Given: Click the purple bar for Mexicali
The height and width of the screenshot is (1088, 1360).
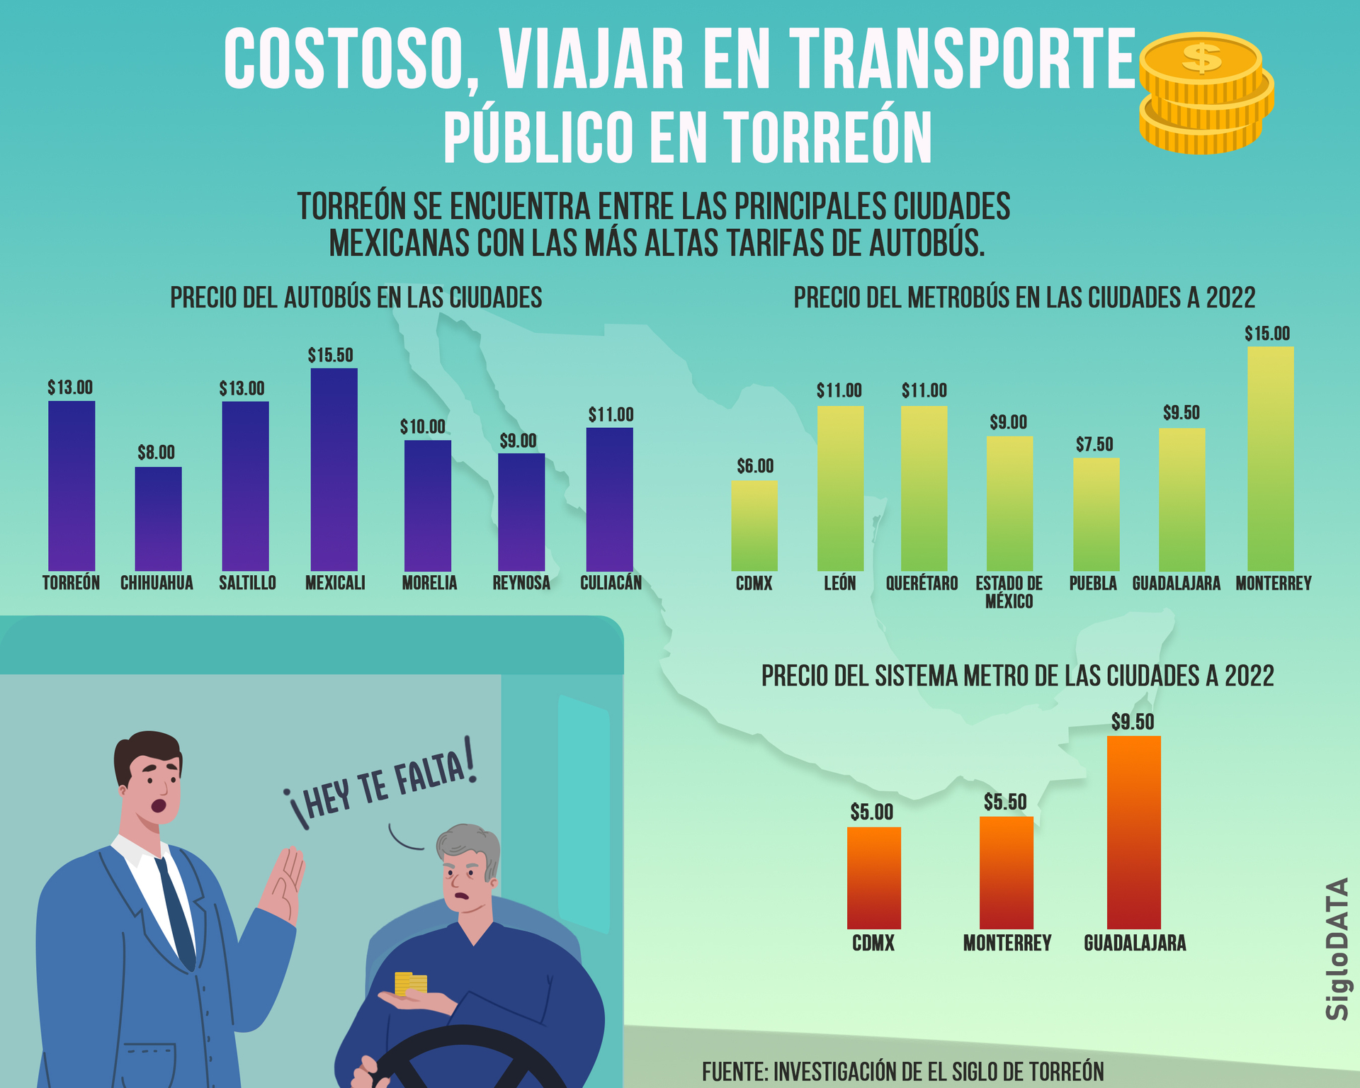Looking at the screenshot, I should point(334,469).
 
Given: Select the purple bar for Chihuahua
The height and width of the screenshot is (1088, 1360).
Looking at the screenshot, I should point(158,518).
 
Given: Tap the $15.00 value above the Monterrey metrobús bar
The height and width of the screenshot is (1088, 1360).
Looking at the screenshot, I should point(1267,334).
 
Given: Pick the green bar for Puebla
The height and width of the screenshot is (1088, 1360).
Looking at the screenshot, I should point(1096,514).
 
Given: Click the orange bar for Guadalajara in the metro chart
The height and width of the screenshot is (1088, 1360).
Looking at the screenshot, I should point(1133,832).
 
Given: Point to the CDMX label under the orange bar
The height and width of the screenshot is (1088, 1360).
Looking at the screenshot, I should point(873,943).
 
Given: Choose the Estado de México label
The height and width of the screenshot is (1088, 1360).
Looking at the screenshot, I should point(1009,592).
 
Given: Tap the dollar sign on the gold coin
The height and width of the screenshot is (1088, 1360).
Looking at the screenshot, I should point(1202,57).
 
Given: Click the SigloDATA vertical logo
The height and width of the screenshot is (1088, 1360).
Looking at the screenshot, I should point(1337,948).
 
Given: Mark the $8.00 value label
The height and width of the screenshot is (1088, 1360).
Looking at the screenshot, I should point(156,453).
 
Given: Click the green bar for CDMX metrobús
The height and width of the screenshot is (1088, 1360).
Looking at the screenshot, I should point(754,526).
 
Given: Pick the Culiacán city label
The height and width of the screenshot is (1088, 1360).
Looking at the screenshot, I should point(611,583).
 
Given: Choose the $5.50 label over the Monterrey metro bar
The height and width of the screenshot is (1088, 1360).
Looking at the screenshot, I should point(1004,802).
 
